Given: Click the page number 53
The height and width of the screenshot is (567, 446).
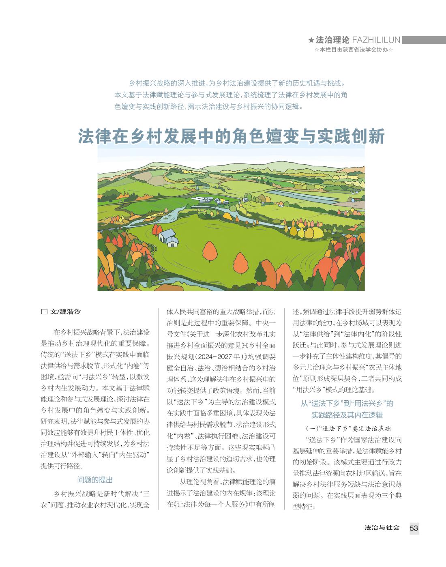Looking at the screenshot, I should [x=414, y=528].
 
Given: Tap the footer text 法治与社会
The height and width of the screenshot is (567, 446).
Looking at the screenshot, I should [x=382, y=528].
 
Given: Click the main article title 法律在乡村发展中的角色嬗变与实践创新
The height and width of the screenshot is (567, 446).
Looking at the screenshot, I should [x=231, y=137].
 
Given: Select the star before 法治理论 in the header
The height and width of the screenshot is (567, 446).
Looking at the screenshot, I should [x=311, y=40].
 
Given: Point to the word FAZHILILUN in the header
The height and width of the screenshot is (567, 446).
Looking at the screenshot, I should [x=376, y=40].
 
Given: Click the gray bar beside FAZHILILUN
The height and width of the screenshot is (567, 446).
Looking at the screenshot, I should [x=424, y=40].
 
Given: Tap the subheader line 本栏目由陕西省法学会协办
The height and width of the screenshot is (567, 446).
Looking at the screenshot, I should [x=354, y=49].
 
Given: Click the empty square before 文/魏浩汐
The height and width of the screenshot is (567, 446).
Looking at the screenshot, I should [x=44, y=312].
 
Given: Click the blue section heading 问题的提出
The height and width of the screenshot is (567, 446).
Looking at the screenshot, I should [x=95, y=480].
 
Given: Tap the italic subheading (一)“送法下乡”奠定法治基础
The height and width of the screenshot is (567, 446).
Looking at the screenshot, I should [x=347, y=428].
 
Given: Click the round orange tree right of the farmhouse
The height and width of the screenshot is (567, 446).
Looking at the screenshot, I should [x=210, y=251].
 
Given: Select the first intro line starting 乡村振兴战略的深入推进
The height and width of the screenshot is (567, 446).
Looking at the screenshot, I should [x=236, y=84].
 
